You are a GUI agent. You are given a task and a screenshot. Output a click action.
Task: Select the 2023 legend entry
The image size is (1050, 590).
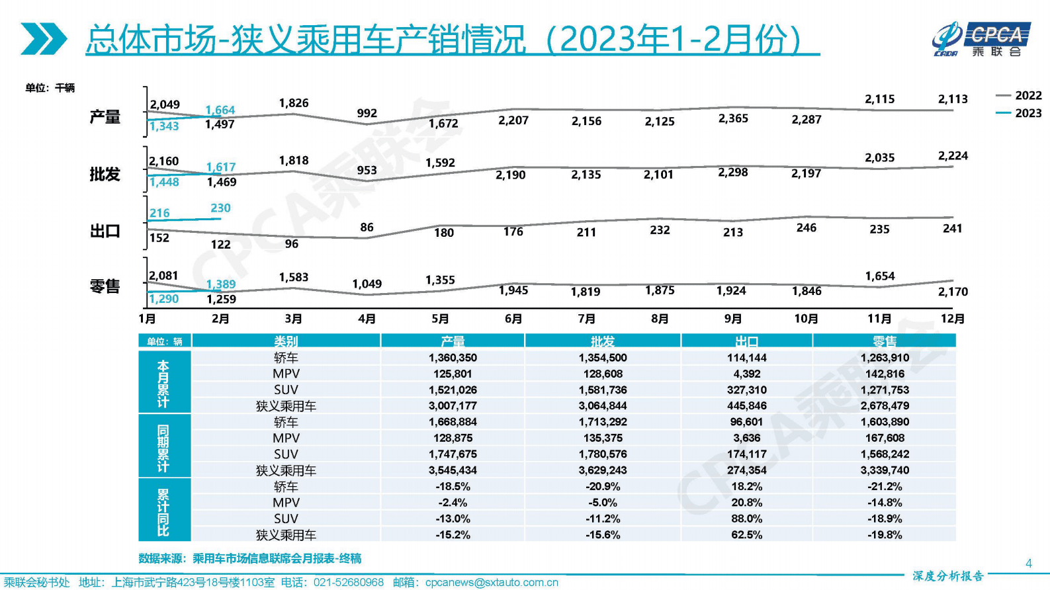pos(1019,113)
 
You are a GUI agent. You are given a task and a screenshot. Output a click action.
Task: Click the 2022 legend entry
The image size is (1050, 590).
pos(1019,95)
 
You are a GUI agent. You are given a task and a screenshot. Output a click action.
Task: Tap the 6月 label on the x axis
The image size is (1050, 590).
pos(513,319)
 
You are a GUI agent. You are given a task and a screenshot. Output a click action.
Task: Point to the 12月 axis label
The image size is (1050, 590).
pos(952,319)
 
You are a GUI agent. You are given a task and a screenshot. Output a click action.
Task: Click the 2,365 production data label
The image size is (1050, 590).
pos(733,118)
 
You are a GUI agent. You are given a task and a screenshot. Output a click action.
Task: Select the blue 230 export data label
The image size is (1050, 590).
pos(220,208)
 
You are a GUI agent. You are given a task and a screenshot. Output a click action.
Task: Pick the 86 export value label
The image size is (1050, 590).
pos(367,227)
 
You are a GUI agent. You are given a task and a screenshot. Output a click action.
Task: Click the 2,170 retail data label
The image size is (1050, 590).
pos(953,292)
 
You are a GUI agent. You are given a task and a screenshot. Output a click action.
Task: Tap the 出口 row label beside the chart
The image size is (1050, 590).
pos(105,231)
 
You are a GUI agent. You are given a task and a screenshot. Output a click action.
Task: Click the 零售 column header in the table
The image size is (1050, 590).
pos(884,341)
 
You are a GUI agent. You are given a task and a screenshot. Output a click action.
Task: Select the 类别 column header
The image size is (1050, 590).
pos(286,341)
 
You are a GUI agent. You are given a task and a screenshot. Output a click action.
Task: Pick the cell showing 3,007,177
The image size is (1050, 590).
pos(453,405)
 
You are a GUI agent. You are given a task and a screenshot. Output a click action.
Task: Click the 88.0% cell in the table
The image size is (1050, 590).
pos(746,519)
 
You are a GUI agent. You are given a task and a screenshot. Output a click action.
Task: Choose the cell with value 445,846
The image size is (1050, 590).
pos(746,405)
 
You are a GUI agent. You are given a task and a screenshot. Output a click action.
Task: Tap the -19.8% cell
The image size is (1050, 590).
pos(885,534)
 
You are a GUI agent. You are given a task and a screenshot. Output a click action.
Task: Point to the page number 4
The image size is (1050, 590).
pos(1028,563)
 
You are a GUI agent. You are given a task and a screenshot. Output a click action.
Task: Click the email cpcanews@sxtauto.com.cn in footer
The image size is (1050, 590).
pos(492,582)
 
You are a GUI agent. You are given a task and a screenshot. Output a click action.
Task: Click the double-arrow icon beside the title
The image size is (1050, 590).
pos(44,38)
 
